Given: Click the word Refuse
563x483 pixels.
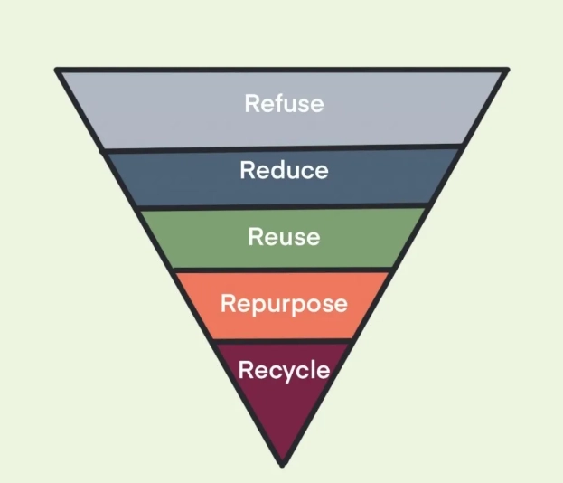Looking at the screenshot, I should coord(283,103).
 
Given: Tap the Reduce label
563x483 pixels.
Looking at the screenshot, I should coord(283,170).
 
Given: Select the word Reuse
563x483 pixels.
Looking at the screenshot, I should coord(284,237).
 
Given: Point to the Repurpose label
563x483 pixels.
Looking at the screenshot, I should coord(284,303).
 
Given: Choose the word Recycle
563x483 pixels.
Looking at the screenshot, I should coord(283,370).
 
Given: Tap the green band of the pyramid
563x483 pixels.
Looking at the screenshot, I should coord(199,239).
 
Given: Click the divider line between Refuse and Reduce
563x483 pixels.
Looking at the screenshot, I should coord(283,147).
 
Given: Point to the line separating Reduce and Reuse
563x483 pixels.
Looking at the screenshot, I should coord(283,207).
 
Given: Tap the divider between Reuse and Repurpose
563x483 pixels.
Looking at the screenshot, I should coord(283,270).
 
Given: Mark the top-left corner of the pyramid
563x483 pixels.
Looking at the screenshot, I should coord(56,70).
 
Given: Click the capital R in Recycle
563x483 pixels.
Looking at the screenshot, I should coord(244,370).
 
